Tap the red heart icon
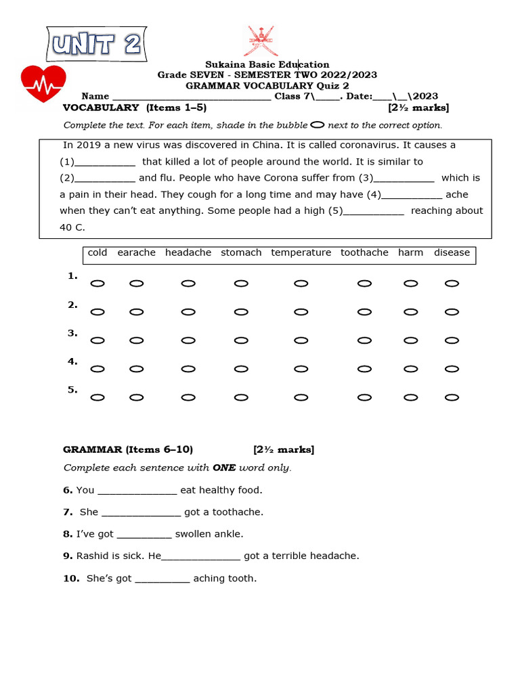click(x=43, y=83)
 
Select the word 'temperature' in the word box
click(x=301, y=252)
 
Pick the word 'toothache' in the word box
click(x=364, y=252)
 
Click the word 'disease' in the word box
click(x=452, y=252)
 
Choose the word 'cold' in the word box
click(x=97, y=252)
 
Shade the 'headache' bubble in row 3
click(x=188, y=340)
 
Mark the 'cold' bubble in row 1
click(x=97, y=284)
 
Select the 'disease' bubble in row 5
click(x=452, y=397)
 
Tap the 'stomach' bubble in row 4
click(x=241, y=369)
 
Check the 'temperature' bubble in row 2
click(x=301, y=312)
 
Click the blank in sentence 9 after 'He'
click(x=201, y=557)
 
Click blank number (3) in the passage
click(x=404, y=179)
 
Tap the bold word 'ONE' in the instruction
click(x=223, y=468)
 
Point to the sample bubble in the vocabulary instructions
click(x=317, y=125)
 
